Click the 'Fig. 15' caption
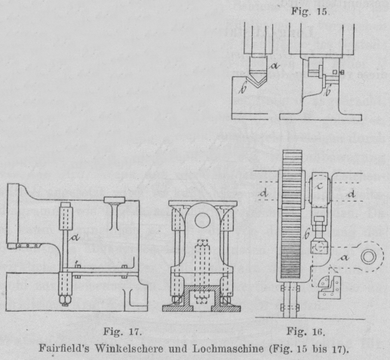(309, 11)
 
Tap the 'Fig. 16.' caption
(306, 331)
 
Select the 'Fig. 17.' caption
(122, 331)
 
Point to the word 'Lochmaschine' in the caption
(228, 349)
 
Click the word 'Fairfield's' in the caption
(64, 349)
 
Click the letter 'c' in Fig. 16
(320, 186)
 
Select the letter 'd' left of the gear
(264, 193)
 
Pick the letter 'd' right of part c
(352, 194)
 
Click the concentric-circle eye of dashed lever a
(369, 257)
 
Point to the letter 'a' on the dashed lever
(345, 257)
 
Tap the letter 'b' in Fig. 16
(306, 235)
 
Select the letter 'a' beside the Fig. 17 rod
(75, 237)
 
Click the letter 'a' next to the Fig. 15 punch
(275, 66)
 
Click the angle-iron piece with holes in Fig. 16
(329, 288)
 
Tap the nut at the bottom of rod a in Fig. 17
(65, 300)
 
